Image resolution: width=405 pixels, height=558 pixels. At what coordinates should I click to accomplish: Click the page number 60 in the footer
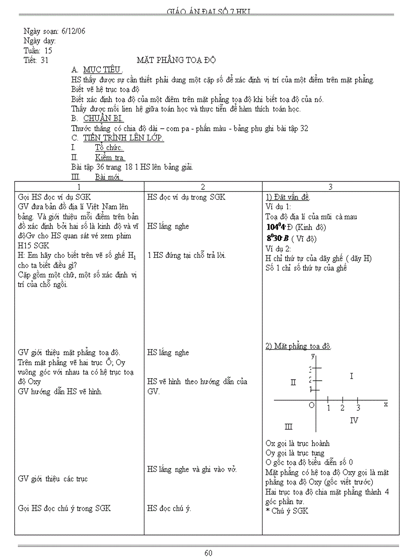point(208,553)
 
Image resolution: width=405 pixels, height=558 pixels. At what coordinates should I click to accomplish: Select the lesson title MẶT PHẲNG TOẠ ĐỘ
point(176,60)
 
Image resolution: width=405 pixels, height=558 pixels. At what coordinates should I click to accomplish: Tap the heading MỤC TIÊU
point(103,70)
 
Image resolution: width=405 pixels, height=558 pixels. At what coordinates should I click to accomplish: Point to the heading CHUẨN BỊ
point(103,118)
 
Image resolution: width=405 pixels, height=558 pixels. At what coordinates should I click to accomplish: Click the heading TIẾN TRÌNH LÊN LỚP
point(124,138)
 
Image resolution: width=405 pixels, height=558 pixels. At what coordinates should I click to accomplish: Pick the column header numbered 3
point(331,187)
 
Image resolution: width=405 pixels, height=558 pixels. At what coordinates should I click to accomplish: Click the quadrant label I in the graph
point(351,376)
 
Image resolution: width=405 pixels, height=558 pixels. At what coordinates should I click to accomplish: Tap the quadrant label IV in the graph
point(354,420)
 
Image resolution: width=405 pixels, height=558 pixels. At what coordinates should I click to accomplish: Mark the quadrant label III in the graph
point(288,426)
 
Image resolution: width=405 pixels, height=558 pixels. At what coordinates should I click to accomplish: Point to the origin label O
point(312,405)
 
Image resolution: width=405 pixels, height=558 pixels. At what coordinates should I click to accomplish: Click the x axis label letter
point(386,404)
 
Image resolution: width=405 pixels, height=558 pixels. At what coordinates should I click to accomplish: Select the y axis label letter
point(313,356)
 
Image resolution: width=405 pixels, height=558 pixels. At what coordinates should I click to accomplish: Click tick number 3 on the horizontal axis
point(358,408)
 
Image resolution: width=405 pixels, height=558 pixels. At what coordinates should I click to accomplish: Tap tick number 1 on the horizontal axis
point(329,408)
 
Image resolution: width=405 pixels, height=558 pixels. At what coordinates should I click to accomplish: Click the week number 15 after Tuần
point(48,50)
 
